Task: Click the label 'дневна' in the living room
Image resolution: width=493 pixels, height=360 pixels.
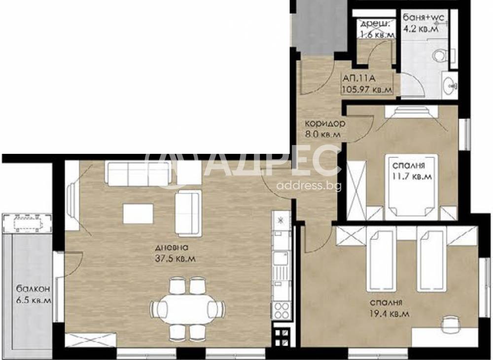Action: click(175, 248)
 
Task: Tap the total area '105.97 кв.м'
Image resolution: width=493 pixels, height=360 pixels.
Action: click(367, 89)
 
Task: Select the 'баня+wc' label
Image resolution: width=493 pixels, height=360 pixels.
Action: click(423, 18)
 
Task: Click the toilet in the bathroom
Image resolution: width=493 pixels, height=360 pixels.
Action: click(441, 56)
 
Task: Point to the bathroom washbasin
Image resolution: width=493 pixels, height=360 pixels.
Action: click(450, 87)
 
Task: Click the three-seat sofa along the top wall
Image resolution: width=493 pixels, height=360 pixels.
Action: click(138, 174)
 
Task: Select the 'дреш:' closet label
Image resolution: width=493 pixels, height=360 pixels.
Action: click(376, 24)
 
